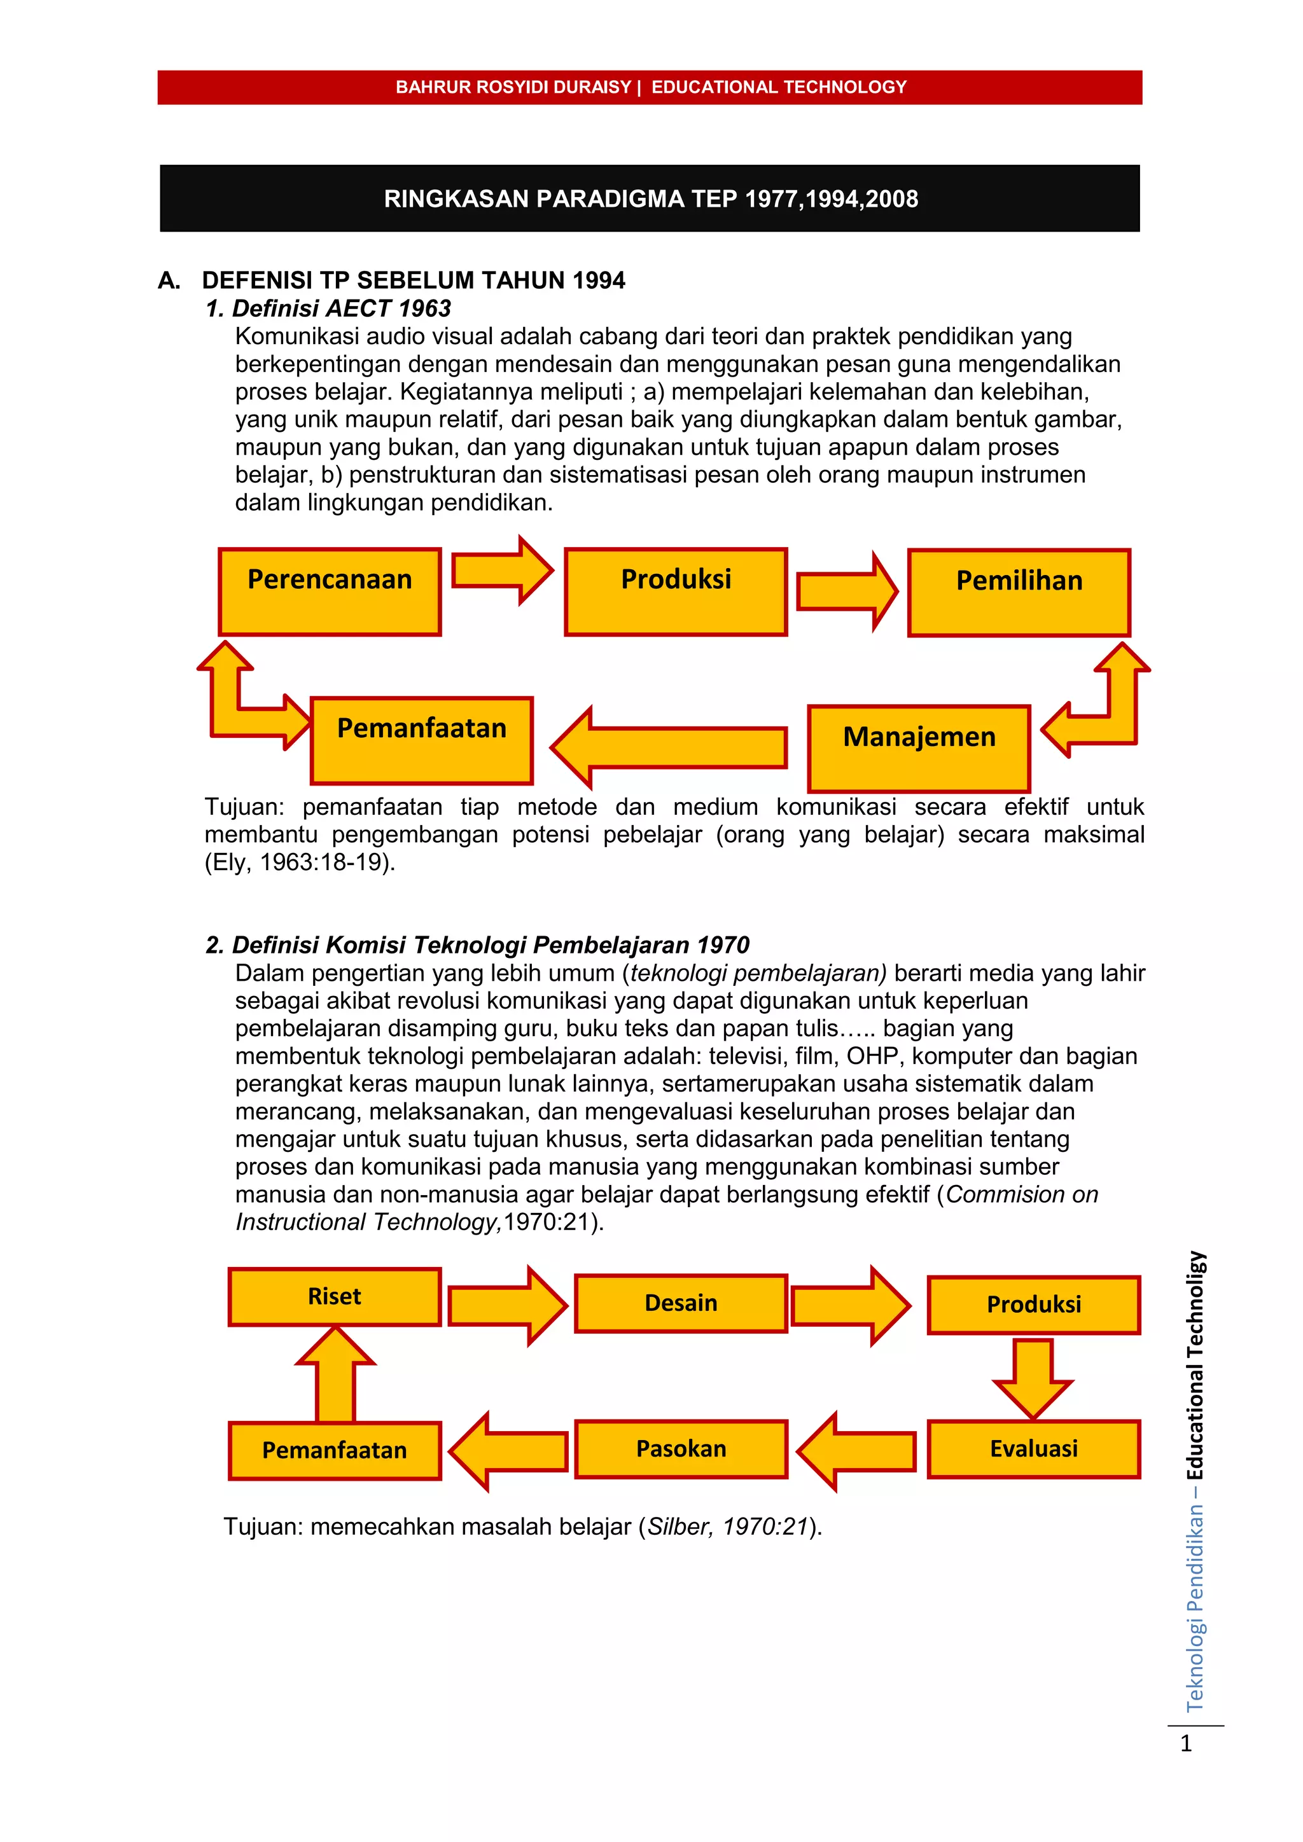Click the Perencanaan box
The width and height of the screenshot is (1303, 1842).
coord(330,592)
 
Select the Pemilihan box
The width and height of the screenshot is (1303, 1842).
coord(1019,593)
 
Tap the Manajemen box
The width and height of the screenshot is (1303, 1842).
coord(919,749)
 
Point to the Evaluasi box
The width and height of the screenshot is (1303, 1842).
coord(1033,1449)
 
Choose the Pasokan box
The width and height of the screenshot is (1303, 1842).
coord(681,1449)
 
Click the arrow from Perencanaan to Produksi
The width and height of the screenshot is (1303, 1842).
coord(501,571)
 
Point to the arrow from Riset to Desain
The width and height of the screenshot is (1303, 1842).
coord(507,1305)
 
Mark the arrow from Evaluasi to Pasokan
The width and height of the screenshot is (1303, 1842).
coord(857,1451)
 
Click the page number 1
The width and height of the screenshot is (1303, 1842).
coord(1186,1743)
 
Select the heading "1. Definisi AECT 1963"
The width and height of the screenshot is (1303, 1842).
coord(328,308)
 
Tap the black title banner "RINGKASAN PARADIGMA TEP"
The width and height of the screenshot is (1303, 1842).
coord(650,199)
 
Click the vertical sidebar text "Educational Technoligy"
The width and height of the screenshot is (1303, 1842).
coord(1195,1366)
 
